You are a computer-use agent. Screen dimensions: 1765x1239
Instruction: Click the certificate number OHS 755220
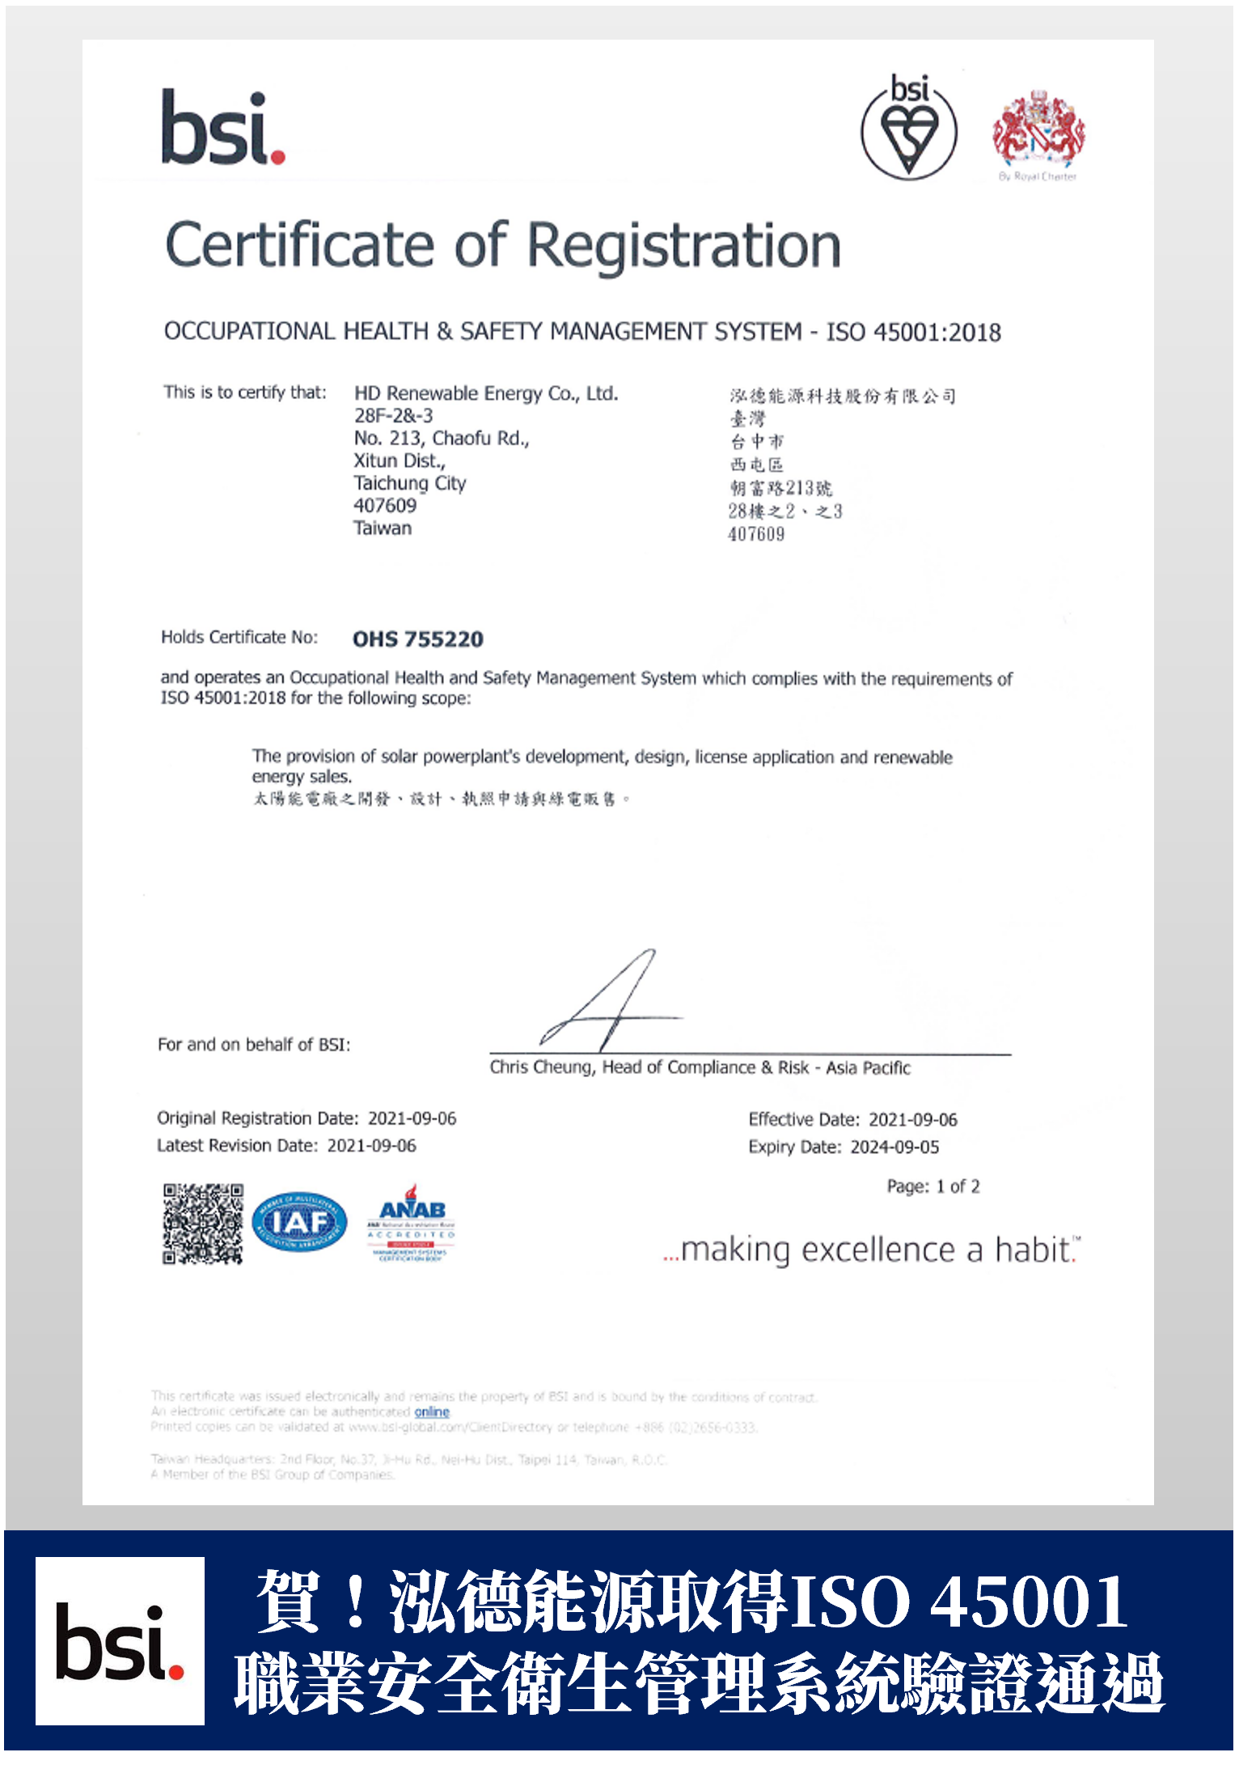[417, 639]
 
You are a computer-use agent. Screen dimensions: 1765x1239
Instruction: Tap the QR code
[202, 1224]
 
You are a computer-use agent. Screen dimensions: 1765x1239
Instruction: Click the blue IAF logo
[299, 1222]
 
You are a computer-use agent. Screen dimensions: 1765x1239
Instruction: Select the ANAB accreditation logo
[412, 1222]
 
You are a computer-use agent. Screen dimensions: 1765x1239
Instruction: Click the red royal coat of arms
[1038, 130]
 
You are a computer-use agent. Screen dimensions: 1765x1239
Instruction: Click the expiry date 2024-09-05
[894, 1148]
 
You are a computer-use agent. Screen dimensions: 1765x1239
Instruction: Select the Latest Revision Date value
[371, 1146]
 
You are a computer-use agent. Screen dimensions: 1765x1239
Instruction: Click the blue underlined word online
[432, 1412]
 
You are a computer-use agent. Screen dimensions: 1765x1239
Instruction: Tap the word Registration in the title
[684, 246]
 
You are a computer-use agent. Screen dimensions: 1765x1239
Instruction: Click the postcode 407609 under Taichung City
[385, 506]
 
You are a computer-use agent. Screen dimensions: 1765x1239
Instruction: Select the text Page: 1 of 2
[933, 1186]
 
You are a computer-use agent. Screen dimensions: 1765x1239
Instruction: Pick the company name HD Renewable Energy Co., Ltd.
[486, 394]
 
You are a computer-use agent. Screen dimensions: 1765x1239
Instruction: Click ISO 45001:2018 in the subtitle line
[913, 332]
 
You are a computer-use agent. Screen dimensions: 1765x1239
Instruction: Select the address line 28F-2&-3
[393, 416]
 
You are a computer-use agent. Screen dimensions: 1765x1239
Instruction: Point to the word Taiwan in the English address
[383, 528]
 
